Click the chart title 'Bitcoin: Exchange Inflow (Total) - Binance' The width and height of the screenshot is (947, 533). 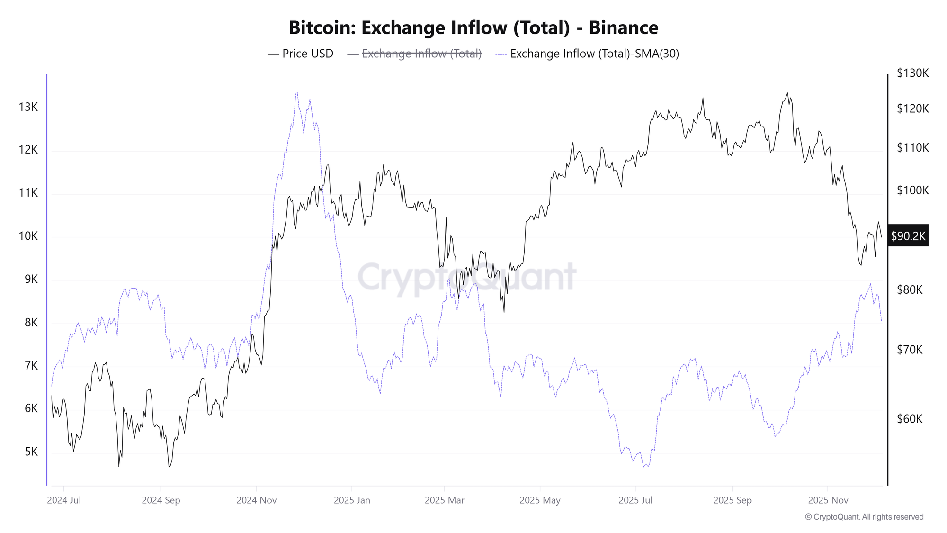point(473,28)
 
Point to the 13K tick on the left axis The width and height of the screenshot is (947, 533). point(28,107)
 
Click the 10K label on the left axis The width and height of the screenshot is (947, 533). point(28,236)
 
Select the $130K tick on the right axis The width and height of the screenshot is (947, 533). point(912,73)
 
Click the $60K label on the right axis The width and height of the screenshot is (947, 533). point(909,419)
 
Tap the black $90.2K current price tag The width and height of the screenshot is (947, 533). point(908,236)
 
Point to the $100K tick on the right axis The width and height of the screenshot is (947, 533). point(912,190)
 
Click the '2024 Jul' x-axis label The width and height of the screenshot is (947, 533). point(64,500)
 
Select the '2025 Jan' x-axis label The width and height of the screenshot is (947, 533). point(352,500)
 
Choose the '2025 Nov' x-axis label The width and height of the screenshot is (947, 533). point(828,500)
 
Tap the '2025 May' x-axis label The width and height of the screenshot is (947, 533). point(540,500)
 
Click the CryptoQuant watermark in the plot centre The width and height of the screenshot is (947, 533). point(466,277)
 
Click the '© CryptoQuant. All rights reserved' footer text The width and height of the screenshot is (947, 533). point(864,517)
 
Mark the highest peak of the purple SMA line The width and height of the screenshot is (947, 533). point(297,93)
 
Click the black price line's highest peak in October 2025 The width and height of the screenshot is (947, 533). point(787,93)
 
